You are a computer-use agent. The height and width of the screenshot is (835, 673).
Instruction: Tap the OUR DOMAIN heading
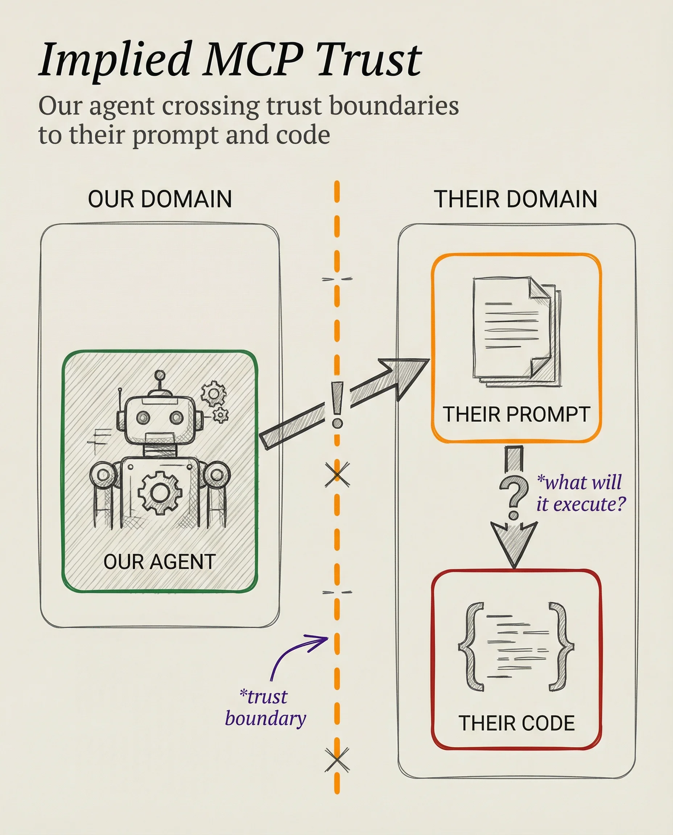coord(160,199)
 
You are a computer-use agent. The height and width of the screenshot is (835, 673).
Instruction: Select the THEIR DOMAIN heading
coord(515,199)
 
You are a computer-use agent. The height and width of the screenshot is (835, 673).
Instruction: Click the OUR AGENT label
coord(159,561)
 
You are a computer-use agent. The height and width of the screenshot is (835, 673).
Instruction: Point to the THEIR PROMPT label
coord(516,414)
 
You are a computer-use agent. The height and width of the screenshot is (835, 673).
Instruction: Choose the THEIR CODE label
coord(516,723)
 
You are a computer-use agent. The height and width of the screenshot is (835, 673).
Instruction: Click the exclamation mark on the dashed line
coord(337,405)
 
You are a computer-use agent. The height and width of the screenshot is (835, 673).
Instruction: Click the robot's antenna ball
coord(159,375)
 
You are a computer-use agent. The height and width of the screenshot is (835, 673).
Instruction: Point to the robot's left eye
coord(144,417)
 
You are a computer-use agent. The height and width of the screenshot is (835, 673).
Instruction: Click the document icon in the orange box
coord(516,331)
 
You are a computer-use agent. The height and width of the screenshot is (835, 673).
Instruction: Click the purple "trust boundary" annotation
coord(266,707)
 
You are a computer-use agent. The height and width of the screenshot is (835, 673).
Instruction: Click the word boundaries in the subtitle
coord(394,105)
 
